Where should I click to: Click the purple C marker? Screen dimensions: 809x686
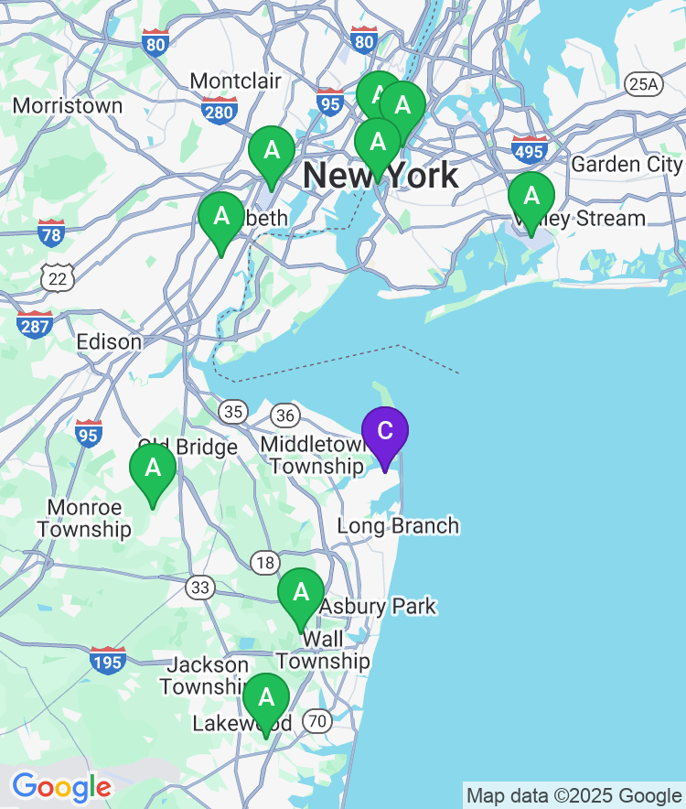tap(385, 433)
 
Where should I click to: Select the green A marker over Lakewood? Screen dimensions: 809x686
tap(266, 699)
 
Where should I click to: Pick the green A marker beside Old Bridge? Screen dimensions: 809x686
tap(153, 469)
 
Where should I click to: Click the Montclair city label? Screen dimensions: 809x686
tap(236, 81)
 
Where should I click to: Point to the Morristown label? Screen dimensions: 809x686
tap(68, 106)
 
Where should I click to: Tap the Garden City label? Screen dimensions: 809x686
tap(627, 165)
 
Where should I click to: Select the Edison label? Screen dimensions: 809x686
tap(109, 342)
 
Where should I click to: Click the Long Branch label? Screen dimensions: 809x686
tap(398, 526)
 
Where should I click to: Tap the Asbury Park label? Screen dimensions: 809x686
tap(378, 606)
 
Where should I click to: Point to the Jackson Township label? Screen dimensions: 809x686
tap(208, 675)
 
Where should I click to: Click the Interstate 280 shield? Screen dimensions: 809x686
tap(220, 112)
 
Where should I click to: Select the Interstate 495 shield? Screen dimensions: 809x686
tap(531, 148)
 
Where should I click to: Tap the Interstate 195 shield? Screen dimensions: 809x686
tap(108, 660)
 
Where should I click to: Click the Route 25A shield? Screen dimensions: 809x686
tap(643, 85)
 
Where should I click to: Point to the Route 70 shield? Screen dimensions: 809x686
tap(316, 721)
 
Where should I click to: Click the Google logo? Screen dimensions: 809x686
tap(61, 786)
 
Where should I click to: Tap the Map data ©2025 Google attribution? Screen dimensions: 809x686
tap(573, 796)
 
